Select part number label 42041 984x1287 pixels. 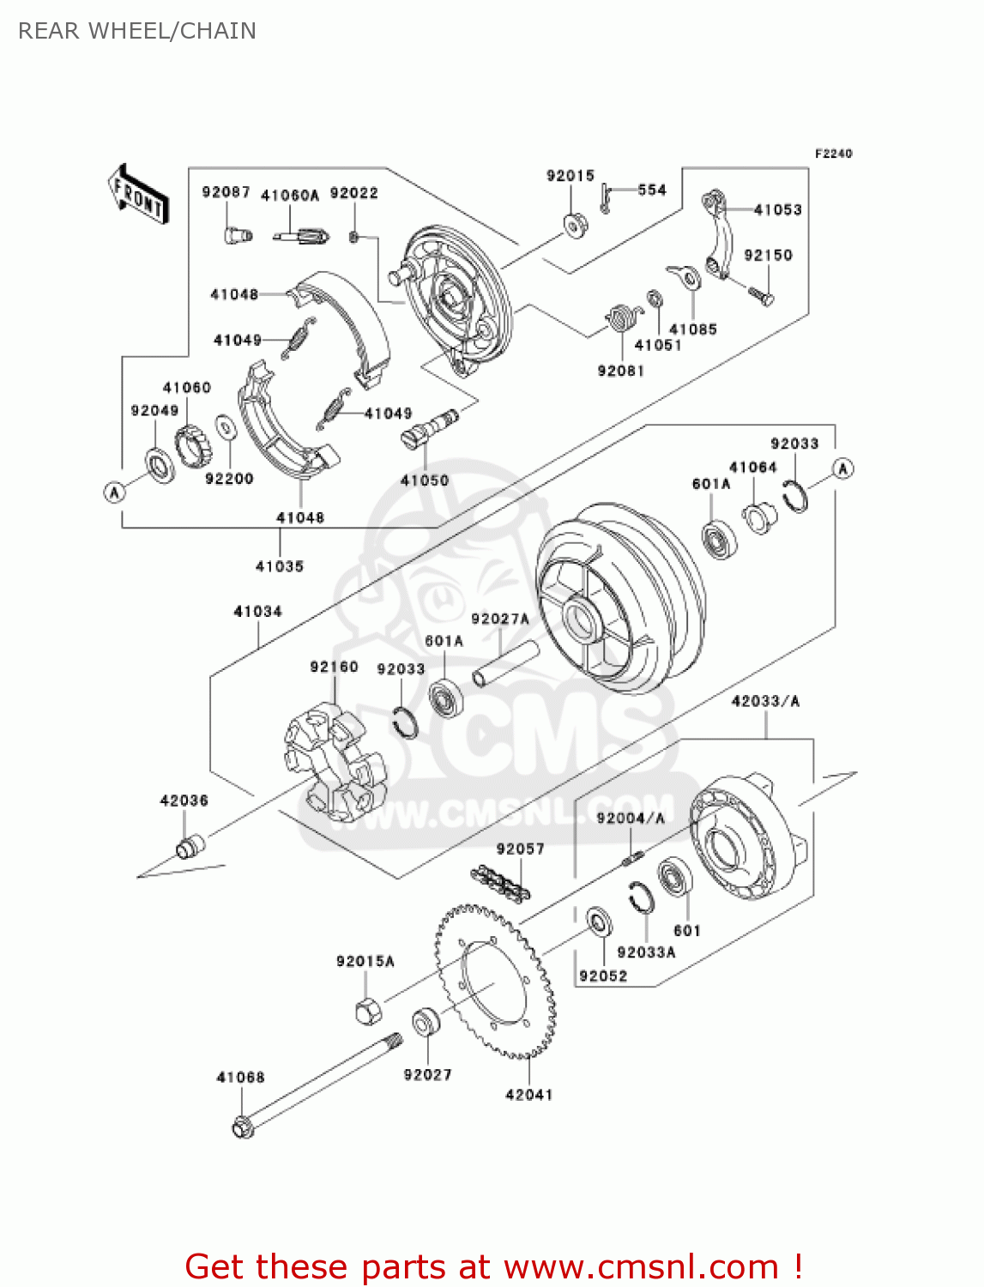click(x=528, y=1095)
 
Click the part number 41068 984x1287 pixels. click(x=240, y=1077)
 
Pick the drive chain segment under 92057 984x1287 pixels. click(x=500, y=882)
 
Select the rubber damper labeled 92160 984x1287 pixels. click(x=335, y=760)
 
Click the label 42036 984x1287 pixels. click(x=184, y=801)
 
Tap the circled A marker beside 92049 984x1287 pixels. click(x=114, y=492)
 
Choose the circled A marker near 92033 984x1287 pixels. click(x=843, y=468)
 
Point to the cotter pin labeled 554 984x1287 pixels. click(x=606, y=199)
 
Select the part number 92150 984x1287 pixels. click(x=768, y=255)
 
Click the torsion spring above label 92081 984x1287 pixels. click(x=623, y=318)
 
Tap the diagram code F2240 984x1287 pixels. click(x=833, y=154)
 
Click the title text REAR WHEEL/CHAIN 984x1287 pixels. click(x=137, y=31)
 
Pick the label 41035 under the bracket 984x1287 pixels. click(x=280, y=566)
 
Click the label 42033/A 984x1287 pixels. click(x=765, y=701)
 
